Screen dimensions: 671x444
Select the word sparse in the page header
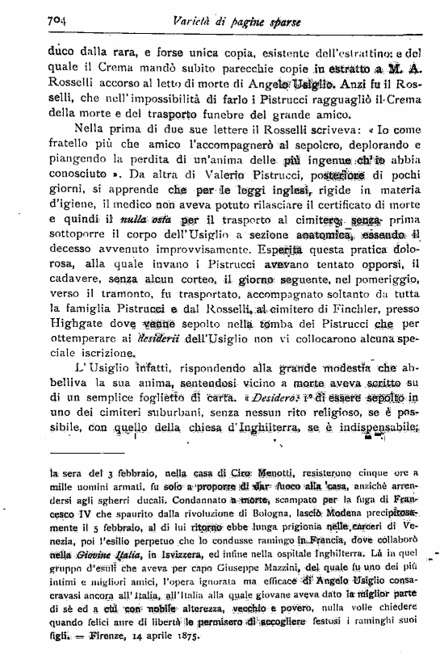point(280,21)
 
